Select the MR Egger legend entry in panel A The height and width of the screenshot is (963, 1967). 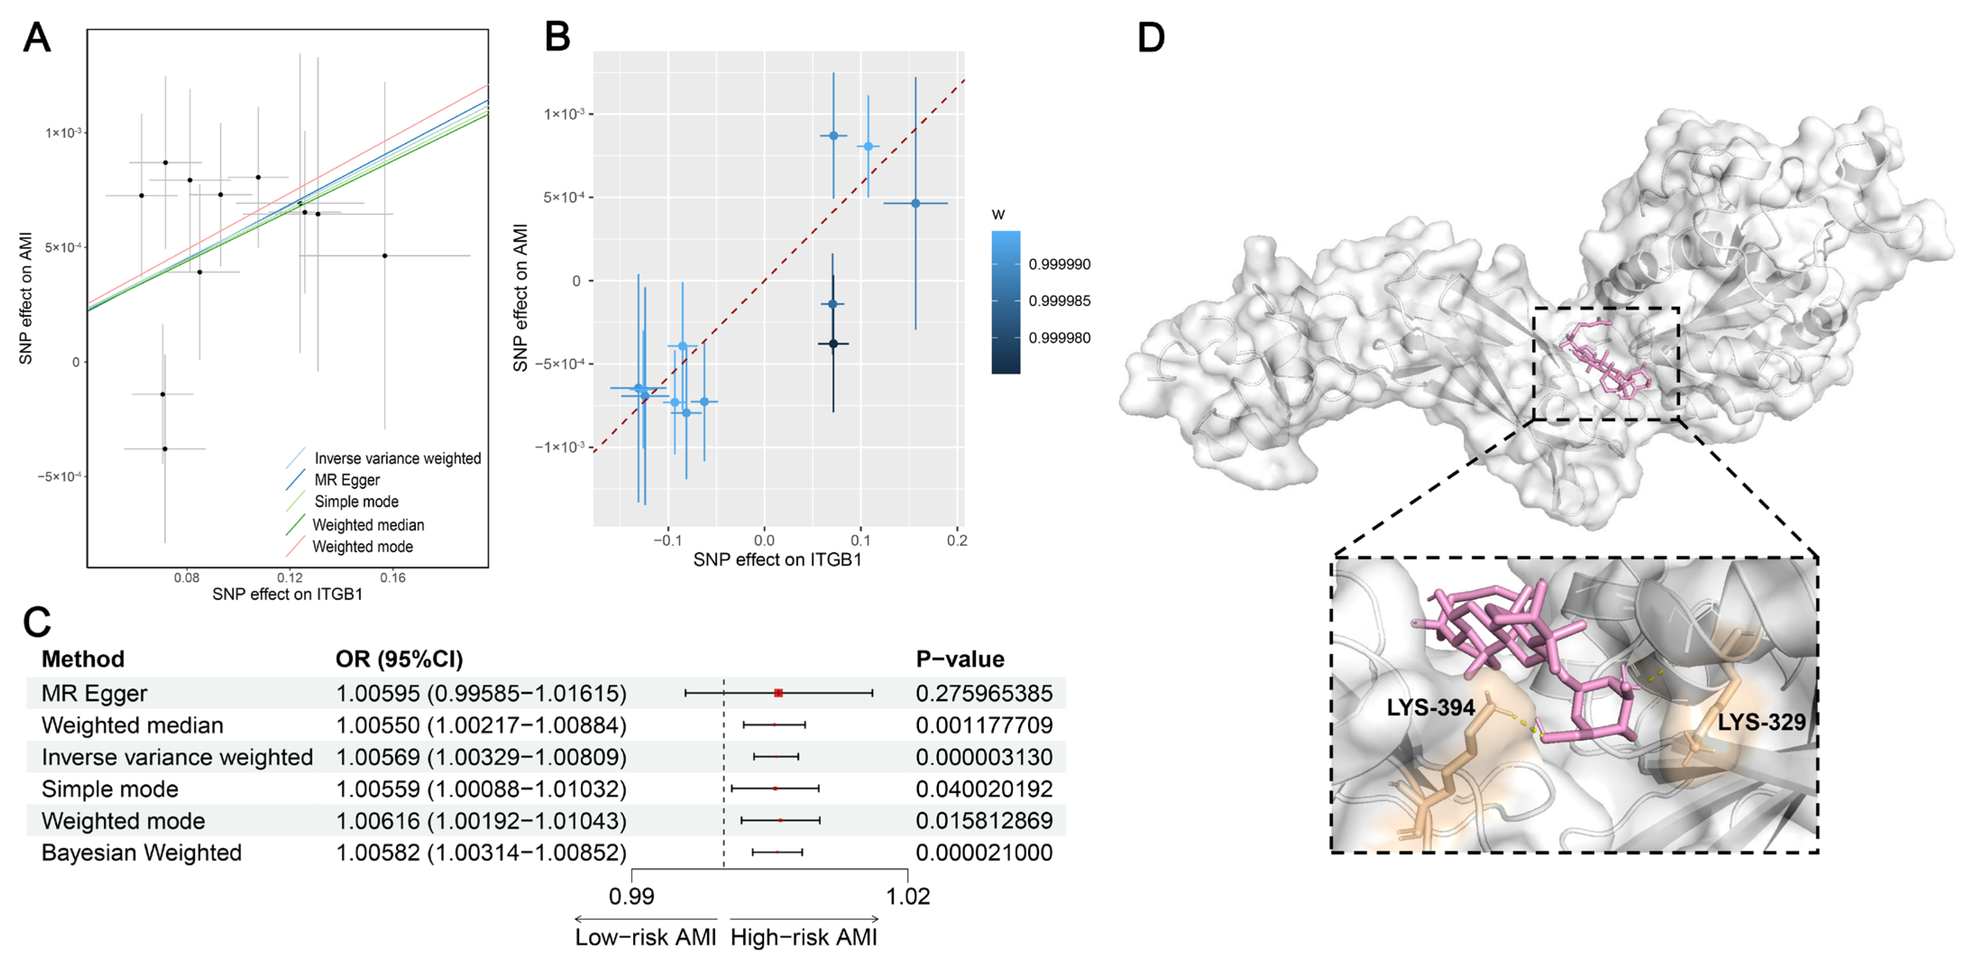pyautogui.click(x=347, y=479)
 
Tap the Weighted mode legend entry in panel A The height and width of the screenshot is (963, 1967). pyautogui.click(x=362, y=547)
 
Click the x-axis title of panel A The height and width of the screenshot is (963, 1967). pyautogui.click(x=287, y=594)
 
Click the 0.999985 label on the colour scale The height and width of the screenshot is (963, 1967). pyautogui.click(x=1059, y=301)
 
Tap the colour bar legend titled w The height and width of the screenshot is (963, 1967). pyautogui.click(x=1006, y=302)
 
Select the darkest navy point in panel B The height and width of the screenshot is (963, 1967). pyautogui.click(x=833, y=344)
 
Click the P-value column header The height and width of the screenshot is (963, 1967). pyautogui.click(x=960, y=659)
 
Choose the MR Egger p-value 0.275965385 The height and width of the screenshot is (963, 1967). pyautogui.click(x=983, y=693)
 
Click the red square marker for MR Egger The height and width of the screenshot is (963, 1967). pyautogui.click(x=778, y=693)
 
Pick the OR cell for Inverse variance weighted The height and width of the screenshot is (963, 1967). pyautogui.click(x=481, y=757)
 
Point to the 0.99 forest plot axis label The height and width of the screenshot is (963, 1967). pyautogui.click(x=631, y=896)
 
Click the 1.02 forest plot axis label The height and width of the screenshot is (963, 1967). pyautogui.click(x=907, y=896)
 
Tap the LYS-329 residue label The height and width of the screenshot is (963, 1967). pyautogui.click(x=1761, y=722)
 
